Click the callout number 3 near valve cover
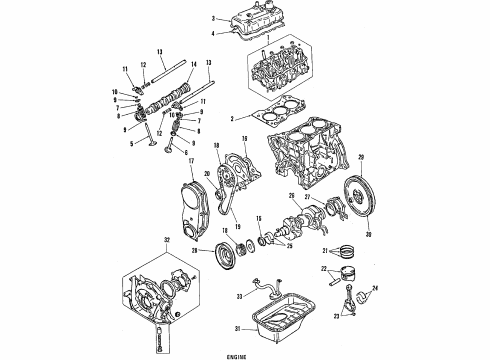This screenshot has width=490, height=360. [214, 18]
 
